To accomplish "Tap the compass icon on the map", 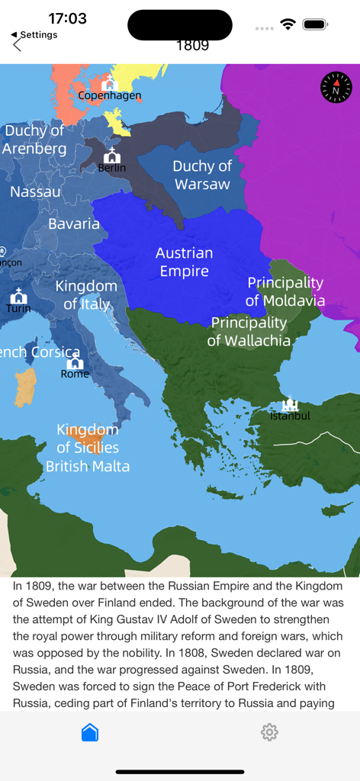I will tap(336, 88).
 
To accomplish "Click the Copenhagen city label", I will tap(110, 96).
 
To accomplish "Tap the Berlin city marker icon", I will tap(112, 156).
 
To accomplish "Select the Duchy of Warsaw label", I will tap(202, 175).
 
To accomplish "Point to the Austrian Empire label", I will tap(185, 262).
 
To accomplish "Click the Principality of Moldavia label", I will tap(285, 291).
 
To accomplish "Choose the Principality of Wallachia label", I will tap(249, 332).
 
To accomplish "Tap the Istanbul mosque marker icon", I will tap(290, 403).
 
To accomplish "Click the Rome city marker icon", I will tap(75, 362).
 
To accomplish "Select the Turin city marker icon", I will tap(18, 297).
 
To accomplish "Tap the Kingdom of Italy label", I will tap(87, 295).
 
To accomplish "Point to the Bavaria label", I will tap(74, 224).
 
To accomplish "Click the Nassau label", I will tap(36, 192).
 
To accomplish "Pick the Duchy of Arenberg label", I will tap(34, 140).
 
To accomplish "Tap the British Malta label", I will tap(88, 466).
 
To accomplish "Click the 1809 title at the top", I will tap(192, 45).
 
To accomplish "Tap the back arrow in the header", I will tap(18, 45).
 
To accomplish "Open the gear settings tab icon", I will tap(269, 732).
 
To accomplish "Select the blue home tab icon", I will tap(90, 732).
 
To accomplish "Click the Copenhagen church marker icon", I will tap(110, 83).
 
